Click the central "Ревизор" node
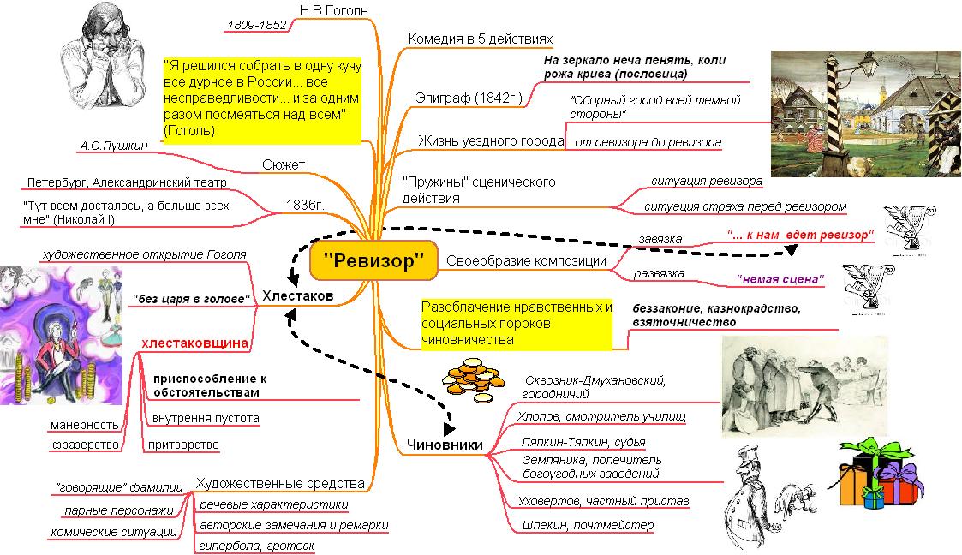[373, 260]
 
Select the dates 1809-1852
[256, 25]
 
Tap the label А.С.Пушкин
[114, 146]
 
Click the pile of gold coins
[473, 380]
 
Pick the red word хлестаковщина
[195, 343]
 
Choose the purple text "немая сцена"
[780, 279]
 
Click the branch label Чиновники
[445, 445]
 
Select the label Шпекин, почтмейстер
[588, 525]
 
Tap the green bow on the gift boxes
[871, 447]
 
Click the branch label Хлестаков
[297, 295]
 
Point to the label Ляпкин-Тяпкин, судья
[583, 442]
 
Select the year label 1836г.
[305, 205]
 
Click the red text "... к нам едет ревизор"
[800, 235]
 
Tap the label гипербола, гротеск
[256, 546]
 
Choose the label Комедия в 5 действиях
[481, 39]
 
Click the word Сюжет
[284, 164]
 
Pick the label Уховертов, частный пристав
[604, 501]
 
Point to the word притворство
[183, 445]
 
